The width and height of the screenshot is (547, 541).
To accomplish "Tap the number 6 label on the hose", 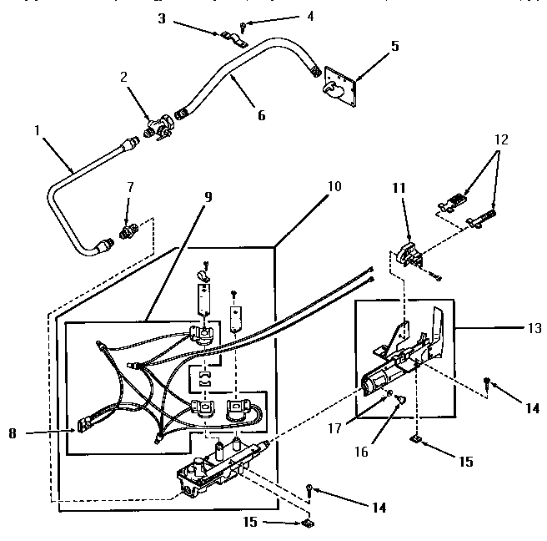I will click(261, 115).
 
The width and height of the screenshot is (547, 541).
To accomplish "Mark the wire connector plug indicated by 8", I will click(86, 426).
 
